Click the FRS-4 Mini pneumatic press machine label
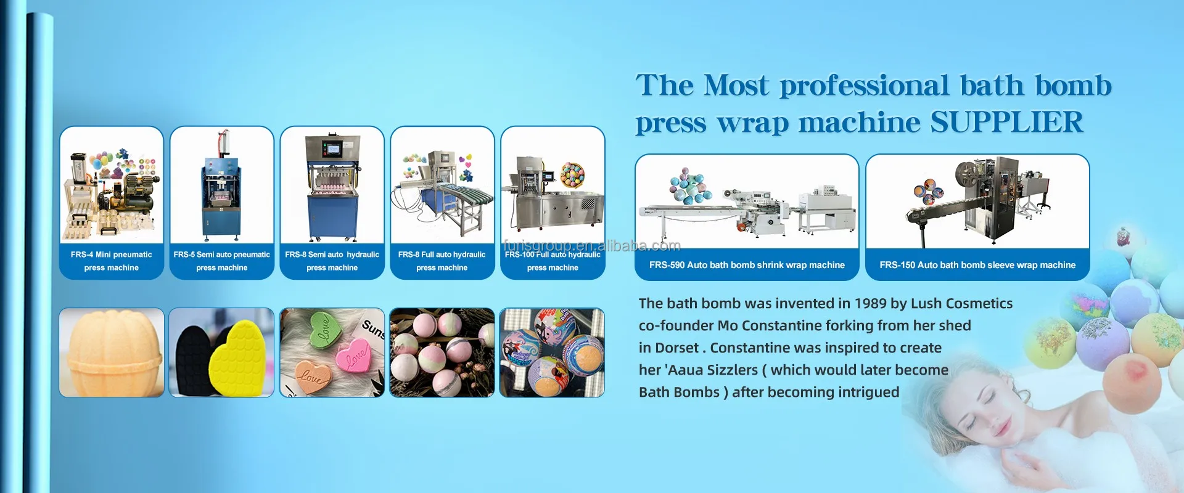[x=111, y=261]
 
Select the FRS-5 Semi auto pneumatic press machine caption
[x=222, y=261]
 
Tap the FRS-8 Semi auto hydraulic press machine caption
[x=332, y=261]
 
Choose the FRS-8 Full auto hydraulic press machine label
[x=442, y=261]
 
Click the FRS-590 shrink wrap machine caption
[x=747, y=265]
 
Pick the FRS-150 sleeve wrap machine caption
[x=977, y=265]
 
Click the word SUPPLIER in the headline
[x=1006, y=122]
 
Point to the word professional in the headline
[x=865, y=86]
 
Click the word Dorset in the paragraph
[x=676, y=348]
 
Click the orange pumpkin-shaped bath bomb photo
[x=112, y=352]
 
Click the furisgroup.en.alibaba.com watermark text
[x=592, y=246]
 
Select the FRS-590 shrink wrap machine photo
[x=747, y=202]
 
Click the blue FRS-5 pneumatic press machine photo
[x=222, y=185]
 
